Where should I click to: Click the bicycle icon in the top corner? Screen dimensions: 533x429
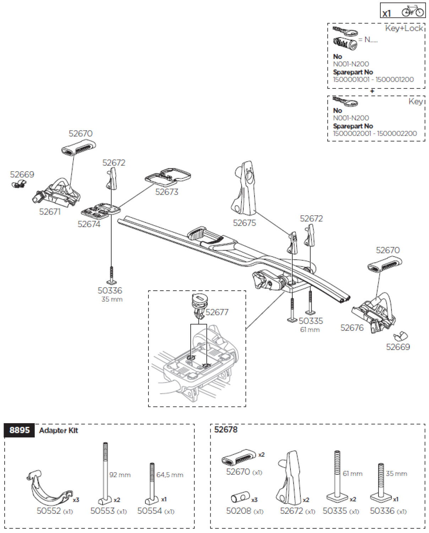[x=413, y=11]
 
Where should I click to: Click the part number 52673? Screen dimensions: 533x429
[x=167, y=192]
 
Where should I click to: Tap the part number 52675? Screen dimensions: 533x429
[x=244, y=223]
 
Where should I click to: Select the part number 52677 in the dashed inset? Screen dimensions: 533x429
[x=217, y=312]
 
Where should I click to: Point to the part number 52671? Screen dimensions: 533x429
[x=50, y=212]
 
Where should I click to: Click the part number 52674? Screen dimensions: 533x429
[x=89, y=224]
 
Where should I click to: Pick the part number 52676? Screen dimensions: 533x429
[x=352, y=328]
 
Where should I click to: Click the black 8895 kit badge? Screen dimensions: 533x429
[x=20, y=430]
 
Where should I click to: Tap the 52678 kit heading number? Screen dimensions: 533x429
[x=226, y=430]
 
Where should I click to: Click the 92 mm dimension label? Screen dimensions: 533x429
[x=120, y=475]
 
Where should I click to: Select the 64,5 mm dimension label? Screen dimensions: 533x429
[x=170, y=475]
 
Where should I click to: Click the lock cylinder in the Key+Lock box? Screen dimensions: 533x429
[x=345, y=44]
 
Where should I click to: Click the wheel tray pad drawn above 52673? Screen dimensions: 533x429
[x=168, y=177]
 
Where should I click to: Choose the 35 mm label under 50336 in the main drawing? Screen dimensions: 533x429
[x=112, y=300]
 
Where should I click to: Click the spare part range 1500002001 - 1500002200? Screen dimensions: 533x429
[x=375, y=134]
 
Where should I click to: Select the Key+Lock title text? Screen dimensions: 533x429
[x=404, y=28]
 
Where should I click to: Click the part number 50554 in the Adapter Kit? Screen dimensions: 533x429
[x=150, y=511]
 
